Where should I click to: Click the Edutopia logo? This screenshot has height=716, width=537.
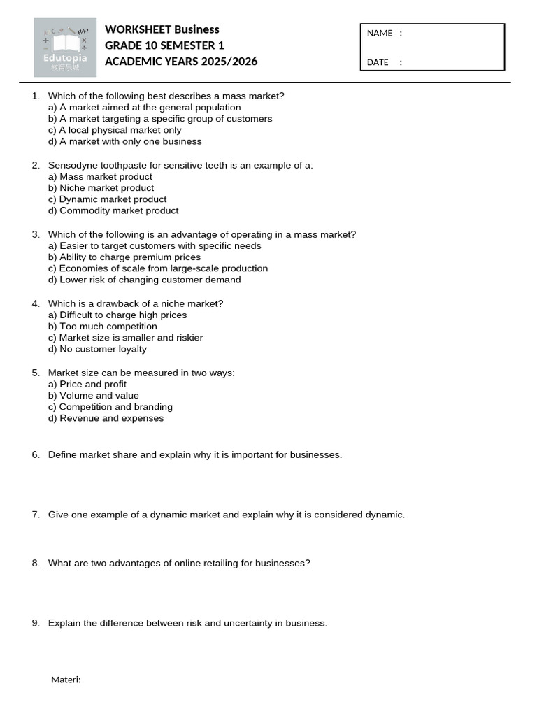(x=65, y=48)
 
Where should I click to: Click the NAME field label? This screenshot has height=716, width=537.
(x=380, y=33)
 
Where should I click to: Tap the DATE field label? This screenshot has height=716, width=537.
(x=378, y=62)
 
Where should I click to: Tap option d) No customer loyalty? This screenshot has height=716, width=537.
(x=97, y=349)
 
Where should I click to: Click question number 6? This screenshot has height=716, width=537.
(x=36, y=454)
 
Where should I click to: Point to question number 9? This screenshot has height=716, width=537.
(x=36, y=623)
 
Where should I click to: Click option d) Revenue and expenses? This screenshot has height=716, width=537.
(x=106, y=418)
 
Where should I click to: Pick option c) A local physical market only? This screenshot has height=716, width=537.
(x=115, y=130)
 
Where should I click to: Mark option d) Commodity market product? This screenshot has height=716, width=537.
(x=113, y=210)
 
